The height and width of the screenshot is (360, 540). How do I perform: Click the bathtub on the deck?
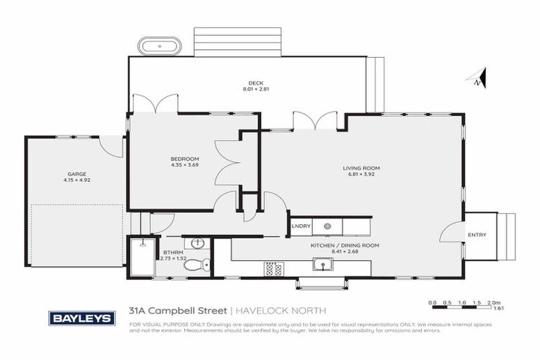pyautogui.click(x=159, y=47)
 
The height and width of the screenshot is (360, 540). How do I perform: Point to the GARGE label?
pyautogui.click(x=77, y=173)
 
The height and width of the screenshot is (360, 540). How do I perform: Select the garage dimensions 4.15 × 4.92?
pyautogui.click(x=77, y=179)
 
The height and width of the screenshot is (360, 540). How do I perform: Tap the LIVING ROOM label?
pyautogui.click(x=361, y=168)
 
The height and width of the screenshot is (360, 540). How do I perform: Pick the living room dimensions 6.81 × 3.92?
pyautogui.click(x=361, y=174)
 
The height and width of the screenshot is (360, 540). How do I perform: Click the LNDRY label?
pyautogui.click(x=301, y=226)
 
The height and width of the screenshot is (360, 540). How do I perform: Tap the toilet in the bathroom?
pyautogui.click(x=204, y=264)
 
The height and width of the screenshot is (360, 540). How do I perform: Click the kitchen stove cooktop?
pyautogui.click(x=273, y=268)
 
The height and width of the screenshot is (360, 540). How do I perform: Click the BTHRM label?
pyautogui.click(x=173, y=251)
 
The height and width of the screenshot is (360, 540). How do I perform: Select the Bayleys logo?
pyautogui.click(x=82, y=318)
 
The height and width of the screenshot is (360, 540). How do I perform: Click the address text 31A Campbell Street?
pyautogui.click(x=179, y=310)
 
